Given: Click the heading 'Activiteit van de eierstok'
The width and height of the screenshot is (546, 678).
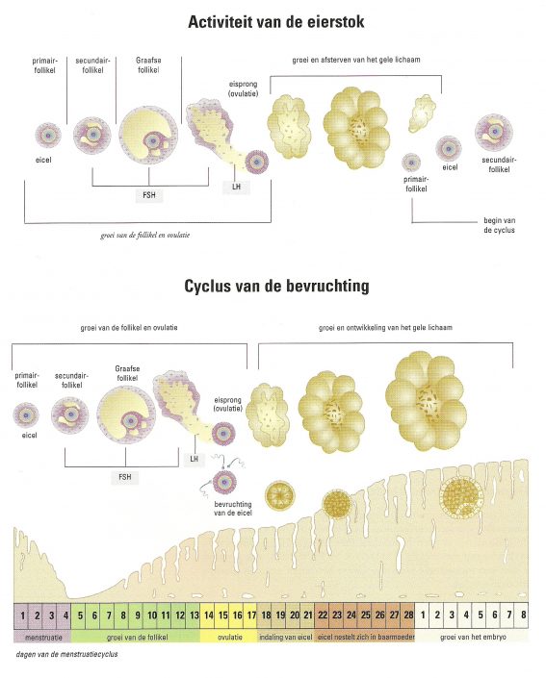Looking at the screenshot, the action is coord(275,21).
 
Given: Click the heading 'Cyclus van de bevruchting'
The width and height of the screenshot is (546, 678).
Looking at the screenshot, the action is coord(276,286).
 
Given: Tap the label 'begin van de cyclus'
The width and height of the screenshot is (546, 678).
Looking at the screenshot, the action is coord(499,225).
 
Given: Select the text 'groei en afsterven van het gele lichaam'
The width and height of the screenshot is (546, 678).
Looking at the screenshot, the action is coord(356,60).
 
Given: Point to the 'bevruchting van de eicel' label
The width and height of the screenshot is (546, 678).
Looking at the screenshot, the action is coord(232,509).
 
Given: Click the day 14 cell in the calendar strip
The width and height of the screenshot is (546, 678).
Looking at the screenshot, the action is coord(208,615).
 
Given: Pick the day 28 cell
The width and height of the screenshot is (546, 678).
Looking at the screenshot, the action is coord(408,615).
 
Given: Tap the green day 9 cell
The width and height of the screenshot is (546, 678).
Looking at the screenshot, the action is coord(138,615).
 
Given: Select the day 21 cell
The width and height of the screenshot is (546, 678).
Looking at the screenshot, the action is coord(308,615).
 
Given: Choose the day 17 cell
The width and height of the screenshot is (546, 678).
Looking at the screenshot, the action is coord(251,615).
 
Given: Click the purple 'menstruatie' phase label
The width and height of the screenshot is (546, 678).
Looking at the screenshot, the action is coord(43,637).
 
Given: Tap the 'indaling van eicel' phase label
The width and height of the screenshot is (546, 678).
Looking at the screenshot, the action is coord(285,637).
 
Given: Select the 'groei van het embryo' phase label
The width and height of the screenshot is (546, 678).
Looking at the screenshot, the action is coord(473,637).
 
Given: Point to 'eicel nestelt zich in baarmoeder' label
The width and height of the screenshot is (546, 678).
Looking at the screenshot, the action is coord(366,637).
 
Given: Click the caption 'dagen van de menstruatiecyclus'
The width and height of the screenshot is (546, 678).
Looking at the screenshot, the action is coord(66,654).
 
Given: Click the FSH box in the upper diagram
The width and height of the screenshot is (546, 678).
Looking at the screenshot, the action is coord(149,195).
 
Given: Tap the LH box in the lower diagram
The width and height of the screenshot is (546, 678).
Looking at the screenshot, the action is coord(194,459).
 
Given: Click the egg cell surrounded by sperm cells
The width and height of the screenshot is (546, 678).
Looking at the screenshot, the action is coord(224,482).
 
